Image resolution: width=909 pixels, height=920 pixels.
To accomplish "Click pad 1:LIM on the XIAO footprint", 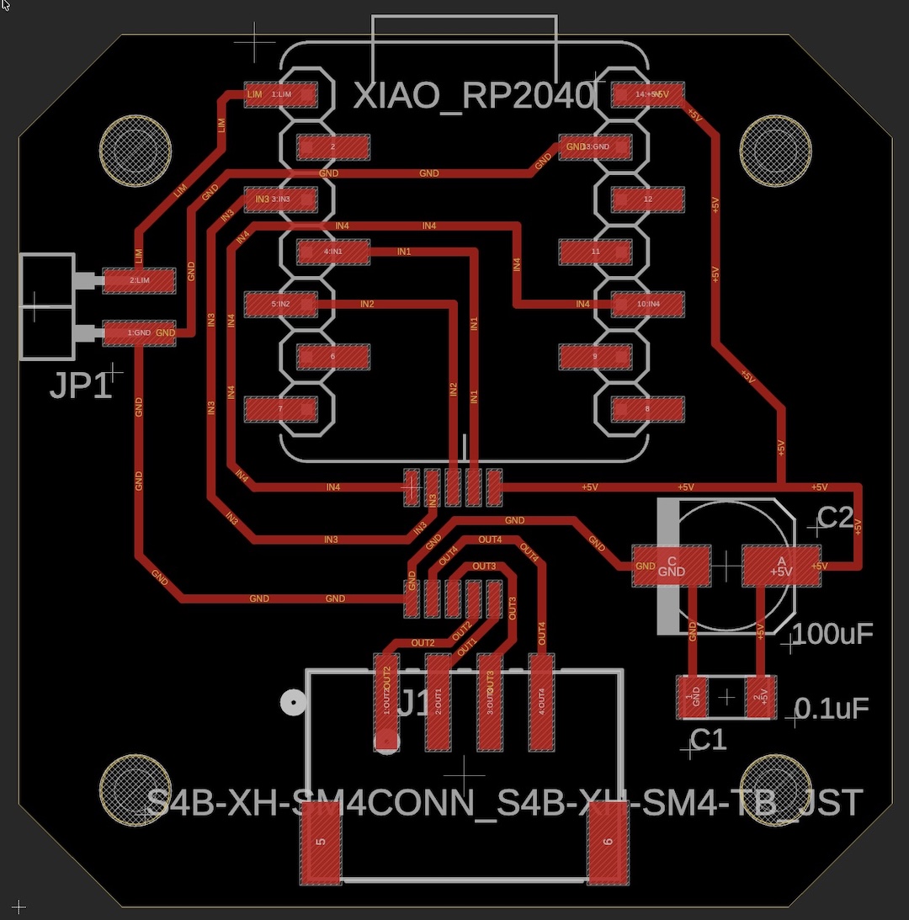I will coord(280,94).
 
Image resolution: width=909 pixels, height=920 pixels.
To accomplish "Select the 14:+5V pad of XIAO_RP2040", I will coord(648,94).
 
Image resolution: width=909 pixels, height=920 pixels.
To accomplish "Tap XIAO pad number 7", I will coord(280,410).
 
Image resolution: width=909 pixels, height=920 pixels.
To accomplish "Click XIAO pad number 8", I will coord(648,410).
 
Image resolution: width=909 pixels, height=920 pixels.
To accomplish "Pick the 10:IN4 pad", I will coord(648,303).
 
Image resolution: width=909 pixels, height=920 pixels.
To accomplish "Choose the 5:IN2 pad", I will coord(280,303).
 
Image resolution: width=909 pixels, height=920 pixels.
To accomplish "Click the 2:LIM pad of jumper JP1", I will coord(139,280).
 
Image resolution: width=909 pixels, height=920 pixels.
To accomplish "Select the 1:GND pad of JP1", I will coord(139,333).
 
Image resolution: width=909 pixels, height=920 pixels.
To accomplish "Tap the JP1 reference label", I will coord(80,386).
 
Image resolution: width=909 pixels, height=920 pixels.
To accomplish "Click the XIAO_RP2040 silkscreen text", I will coord(474,96).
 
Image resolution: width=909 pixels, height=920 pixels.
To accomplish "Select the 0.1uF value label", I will coord(832,709).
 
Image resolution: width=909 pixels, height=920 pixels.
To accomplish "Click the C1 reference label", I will coord(708,740).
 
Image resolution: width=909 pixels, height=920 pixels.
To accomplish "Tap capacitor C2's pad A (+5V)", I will coord(780,566).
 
